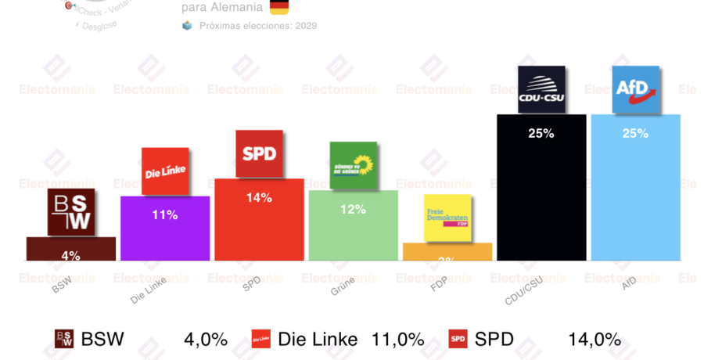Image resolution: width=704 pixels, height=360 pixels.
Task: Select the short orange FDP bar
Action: [x=447, y=252]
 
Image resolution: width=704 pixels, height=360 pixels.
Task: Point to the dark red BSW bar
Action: [x=71, y=250]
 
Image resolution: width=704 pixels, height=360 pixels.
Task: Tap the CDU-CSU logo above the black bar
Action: [x=542, y=90]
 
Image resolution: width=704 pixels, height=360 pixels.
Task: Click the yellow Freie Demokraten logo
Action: [x=447, y=218]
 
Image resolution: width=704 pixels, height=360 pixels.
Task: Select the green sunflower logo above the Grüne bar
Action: [x=354, y=165]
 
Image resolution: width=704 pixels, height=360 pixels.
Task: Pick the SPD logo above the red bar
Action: [x=259, y=153]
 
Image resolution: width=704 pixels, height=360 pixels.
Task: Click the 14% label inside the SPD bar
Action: [x=259, y=198]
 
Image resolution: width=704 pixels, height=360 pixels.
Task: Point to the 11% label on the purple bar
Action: [x=164, y=214]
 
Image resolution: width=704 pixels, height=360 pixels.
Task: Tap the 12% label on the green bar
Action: [x=353, y=209]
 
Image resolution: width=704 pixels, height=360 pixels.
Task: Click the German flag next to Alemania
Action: [x=278, y=8]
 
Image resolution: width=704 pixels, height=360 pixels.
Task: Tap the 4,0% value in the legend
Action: [x=206, y=340]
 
